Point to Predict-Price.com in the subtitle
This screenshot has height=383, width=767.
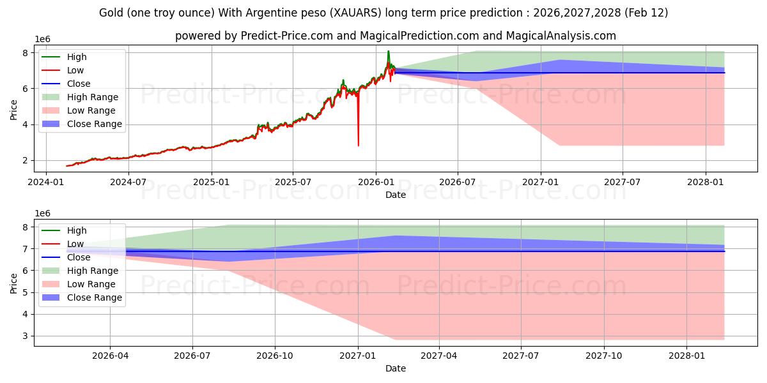(286, 36)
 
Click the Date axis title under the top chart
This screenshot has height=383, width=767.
(395, 195)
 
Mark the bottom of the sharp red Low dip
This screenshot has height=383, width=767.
(358, 146)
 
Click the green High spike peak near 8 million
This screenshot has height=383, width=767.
(388, 51)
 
